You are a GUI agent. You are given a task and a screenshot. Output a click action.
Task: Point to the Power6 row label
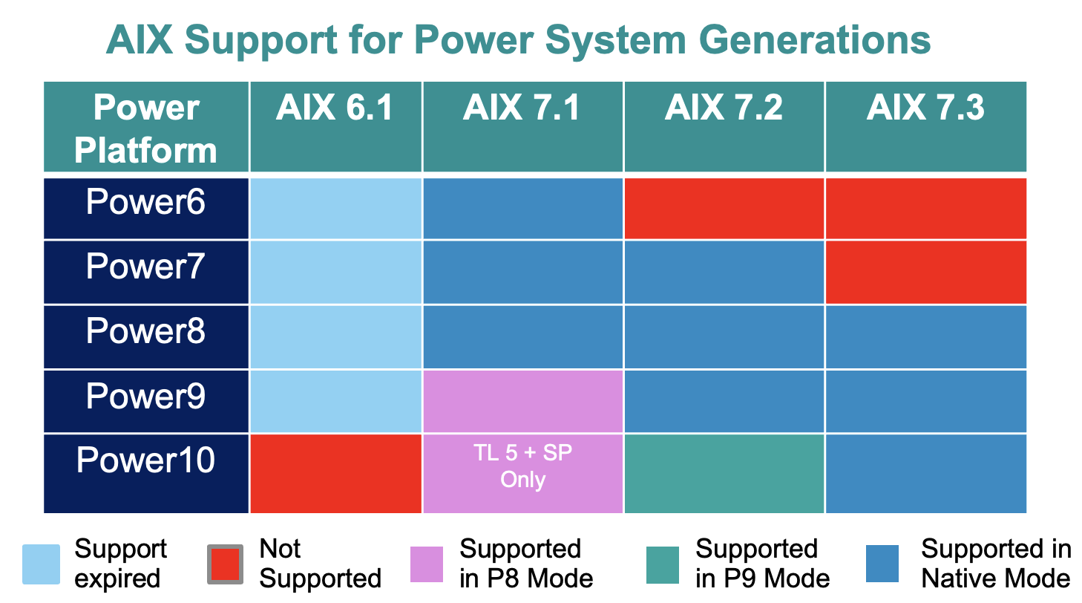[x=145, y=203]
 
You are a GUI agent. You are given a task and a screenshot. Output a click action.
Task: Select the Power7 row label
[x=145, y=267]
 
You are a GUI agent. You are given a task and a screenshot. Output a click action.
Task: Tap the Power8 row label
[x=145, y=331]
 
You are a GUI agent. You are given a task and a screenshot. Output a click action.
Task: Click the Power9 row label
[x=145, y=397]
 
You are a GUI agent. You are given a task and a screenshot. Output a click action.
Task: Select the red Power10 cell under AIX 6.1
[x=335, y=473]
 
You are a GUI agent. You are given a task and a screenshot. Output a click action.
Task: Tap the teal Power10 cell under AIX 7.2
[x=724, y=473]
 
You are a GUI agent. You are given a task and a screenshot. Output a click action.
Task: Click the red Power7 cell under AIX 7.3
[x=925, y=272]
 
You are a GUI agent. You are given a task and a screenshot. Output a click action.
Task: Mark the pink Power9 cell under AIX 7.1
[x=522, y=401]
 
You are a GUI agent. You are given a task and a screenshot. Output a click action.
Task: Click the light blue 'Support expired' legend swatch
[x=41, y=564]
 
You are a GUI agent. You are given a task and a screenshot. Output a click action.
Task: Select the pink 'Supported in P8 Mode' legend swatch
[x=426, y=564]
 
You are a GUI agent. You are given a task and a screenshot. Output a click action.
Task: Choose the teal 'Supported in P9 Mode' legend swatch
[x=662, y=564]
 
